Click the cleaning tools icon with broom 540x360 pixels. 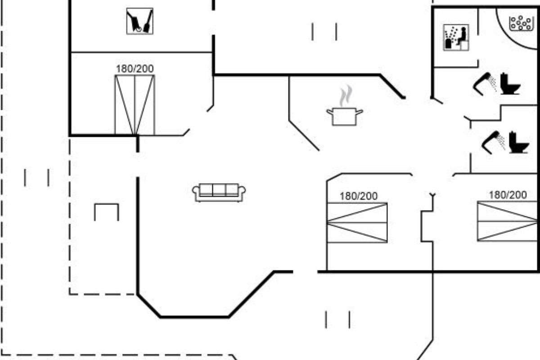tap(139, 21)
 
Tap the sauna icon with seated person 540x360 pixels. tap(456, 38)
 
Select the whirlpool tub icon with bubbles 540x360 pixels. tap(521, 23)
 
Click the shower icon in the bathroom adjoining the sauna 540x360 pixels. tap(485, 84)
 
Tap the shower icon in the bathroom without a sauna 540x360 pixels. tap(494, 142)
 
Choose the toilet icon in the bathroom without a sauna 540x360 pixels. tap(519, 142)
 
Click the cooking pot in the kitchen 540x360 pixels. tap(345, 117)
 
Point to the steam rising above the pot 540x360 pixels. tap(346, 95)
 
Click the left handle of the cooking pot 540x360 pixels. tap(329, 112)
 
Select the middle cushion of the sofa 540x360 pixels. tap(219, 190)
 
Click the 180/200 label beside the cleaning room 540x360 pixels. tap(135, 69)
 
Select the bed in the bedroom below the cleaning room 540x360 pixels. tap(135, 105)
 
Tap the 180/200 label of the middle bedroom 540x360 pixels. tap(359, 196)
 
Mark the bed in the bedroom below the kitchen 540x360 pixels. tap(357, 223)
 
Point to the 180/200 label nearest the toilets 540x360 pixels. tap(508, 195)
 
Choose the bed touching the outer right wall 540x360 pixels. tap(508, 221)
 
